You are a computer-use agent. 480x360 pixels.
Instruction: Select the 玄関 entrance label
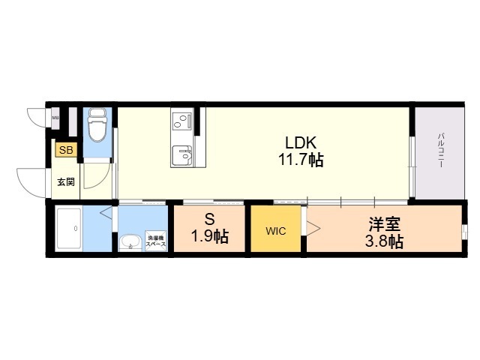[65, 181]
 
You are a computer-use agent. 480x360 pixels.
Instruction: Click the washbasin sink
[130, 242]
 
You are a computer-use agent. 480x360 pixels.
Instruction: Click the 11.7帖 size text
[301, 160]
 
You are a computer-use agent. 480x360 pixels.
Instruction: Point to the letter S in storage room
[211, 220]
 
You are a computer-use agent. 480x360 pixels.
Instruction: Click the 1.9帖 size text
[211, 238]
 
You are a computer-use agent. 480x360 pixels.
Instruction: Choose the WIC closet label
[276, 231]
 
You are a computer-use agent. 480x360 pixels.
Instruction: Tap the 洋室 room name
[385, 223]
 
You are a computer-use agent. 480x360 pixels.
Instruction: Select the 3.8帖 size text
[385, 241]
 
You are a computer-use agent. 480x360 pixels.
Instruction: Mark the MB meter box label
[55, 118]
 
